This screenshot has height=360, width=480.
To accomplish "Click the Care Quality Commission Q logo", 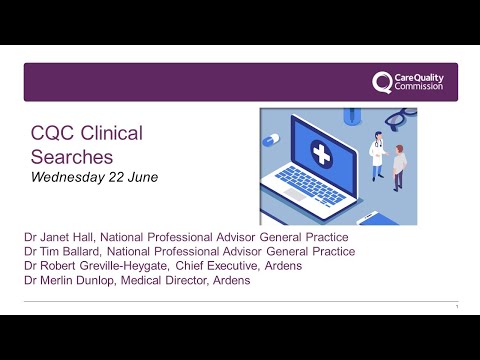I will (382, 82).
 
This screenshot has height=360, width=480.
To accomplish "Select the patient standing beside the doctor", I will (399, 164).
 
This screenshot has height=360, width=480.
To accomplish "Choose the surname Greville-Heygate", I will (129, 266).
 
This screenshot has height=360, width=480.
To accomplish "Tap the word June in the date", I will (142, 177).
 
